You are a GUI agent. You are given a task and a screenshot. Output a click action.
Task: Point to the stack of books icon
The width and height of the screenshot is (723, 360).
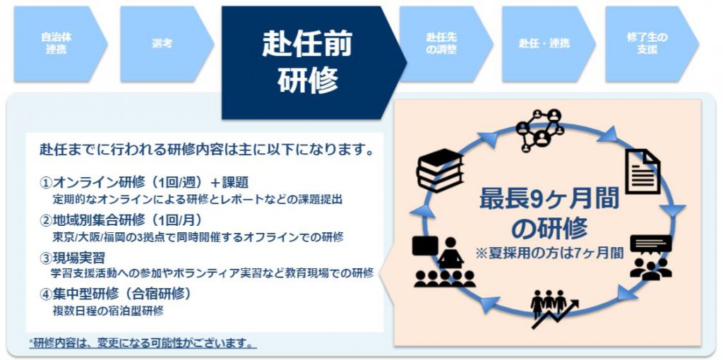click(x=440, y=170)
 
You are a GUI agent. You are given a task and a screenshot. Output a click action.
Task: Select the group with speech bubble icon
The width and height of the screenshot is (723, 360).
click(x=650, y=257)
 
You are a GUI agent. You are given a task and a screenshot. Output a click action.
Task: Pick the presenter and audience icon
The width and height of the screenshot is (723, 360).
click(x=444, y=262)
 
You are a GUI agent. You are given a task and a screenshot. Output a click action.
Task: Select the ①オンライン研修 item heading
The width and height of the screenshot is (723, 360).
click(x=145, y=183)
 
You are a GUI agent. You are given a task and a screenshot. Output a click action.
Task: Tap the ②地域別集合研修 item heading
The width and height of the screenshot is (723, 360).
click(x=121, y=220)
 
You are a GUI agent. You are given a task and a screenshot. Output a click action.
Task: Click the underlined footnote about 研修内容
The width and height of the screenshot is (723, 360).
click(x=143, y=343)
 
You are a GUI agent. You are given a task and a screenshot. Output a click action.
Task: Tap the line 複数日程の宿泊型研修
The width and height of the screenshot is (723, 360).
click(x=108, y=310)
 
